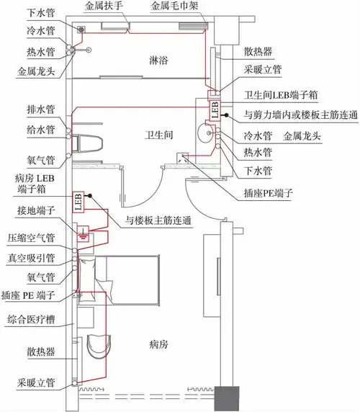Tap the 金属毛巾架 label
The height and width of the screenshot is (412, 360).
coord(174,6)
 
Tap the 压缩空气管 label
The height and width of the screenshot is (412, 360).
coord(37,236)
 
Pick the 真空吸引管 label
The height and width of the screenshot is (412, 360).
coord(37,257)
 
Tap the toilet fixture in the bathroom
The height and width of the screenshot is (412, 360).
coord(89,140)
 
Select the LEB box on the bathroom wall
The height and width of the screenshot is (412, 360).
coord(215,108)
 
